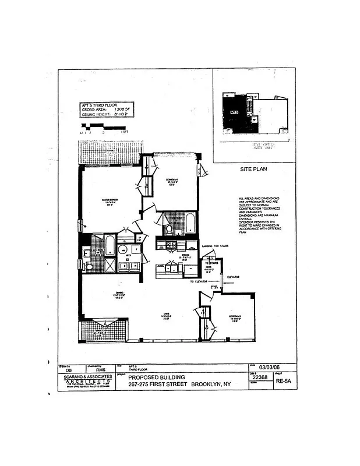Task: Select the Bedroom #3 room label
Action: (x=236, y=318)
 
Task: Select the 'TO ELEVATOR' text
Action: (x=201, y=281)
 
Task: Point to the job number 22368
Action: (x=260, y=377)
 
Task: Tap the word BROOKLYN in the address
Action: (x=213, y=384)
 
